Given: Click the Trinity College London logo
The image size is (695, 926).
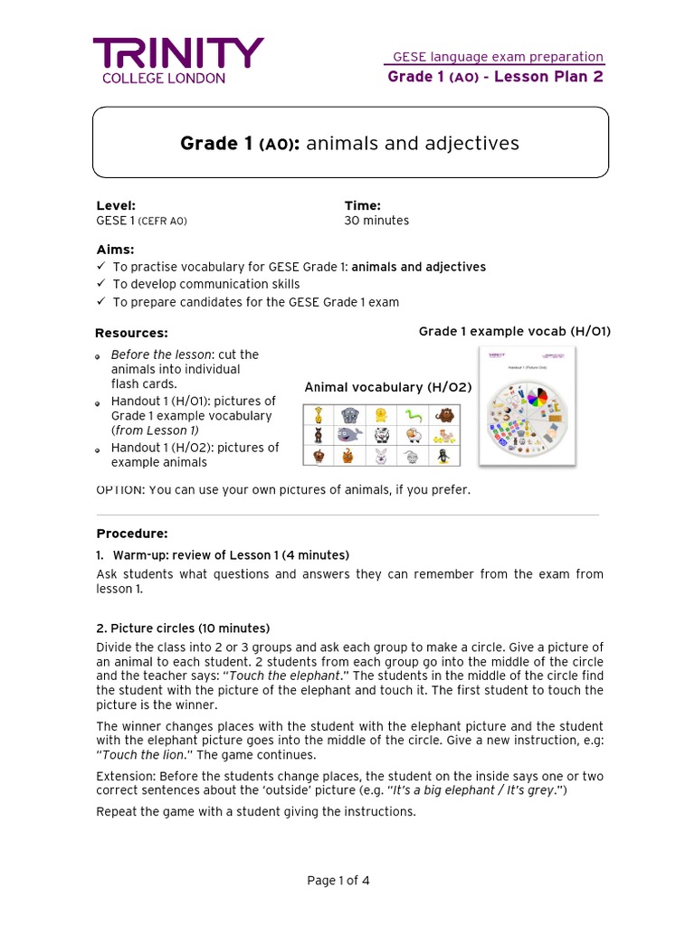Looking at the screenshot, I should tap(178, 60).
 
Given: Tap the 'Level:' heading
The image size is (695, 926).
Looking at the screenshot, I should tap(116, 205).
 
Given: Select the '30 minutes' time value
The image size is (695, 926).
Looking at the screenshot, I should tap(376, 221).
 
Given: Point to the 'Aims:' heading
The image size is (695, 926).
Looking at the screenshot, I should tap(115, 249).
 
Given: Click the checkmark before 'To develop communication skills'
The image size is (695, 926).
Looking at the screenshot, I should tap(100, 285).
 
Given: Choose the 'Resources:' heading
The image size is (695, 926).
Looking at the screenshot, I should tap(131, 333).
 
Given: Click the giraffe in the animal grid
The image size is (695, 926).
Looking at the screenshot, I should tap(319, 415).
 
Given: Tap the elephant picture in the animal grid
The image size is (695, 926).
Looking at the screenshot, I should tap(350, 415).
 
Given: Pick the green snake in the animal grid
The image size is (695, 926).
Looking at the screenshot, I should tap(413, 415).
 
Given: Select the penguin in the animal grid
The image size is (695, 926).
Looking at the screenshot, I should tap(443, 456).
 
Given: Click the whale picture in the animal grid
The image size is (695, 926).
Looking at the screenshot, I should tap(350, 436).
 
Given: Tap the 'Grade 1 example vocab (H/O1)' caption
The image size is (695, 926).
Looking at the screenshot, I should tap(514, 331).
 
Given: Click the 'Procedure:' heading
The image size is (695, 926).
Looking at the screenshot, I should tap(131, 534).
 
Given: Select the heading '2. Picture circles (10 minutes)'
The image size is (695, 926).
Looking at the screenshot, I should tap(183, 628).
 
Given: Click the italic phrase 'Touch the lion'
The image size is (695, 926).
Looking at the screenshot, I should tap(135, 755).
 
